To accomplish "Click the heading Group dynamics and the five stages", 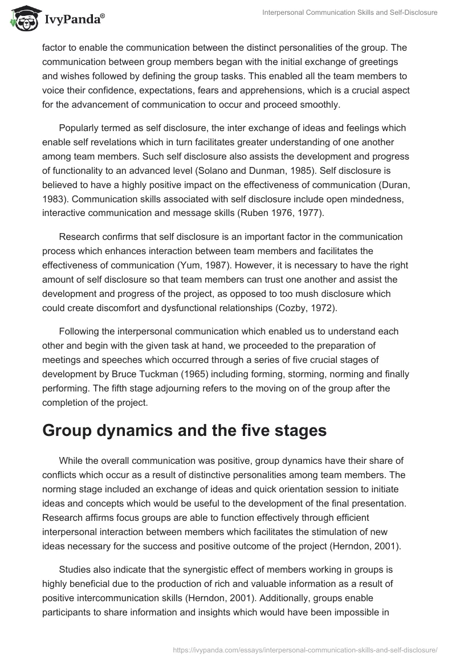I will point(184,431).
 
